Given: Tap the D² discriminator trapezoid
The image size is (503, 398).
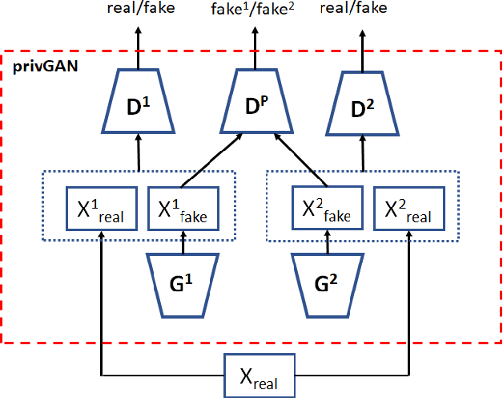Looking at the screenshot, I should [365, 101].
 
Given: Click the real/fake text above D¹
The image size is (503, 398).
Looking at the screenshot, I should [139, 10].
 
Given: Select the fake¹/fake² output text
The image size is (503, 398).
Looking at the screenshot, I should [259, 10].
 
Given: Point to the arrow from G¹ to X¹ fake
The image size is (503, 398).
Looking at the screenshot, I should [183, 242].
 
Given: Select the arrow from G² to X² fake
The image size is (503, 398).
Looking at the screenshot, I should [328, 242].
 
